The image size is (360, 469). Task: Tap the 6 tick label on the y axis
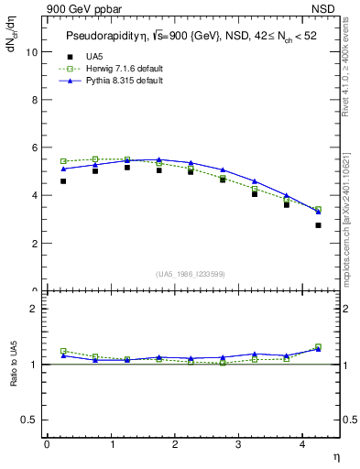(35, 147)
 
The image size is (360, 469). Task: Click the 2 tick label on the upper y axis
(35, 244)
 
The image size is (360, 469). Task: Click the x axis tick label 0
(47, 444)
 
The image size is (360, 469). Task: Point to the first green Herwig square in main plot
(63, 161)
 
